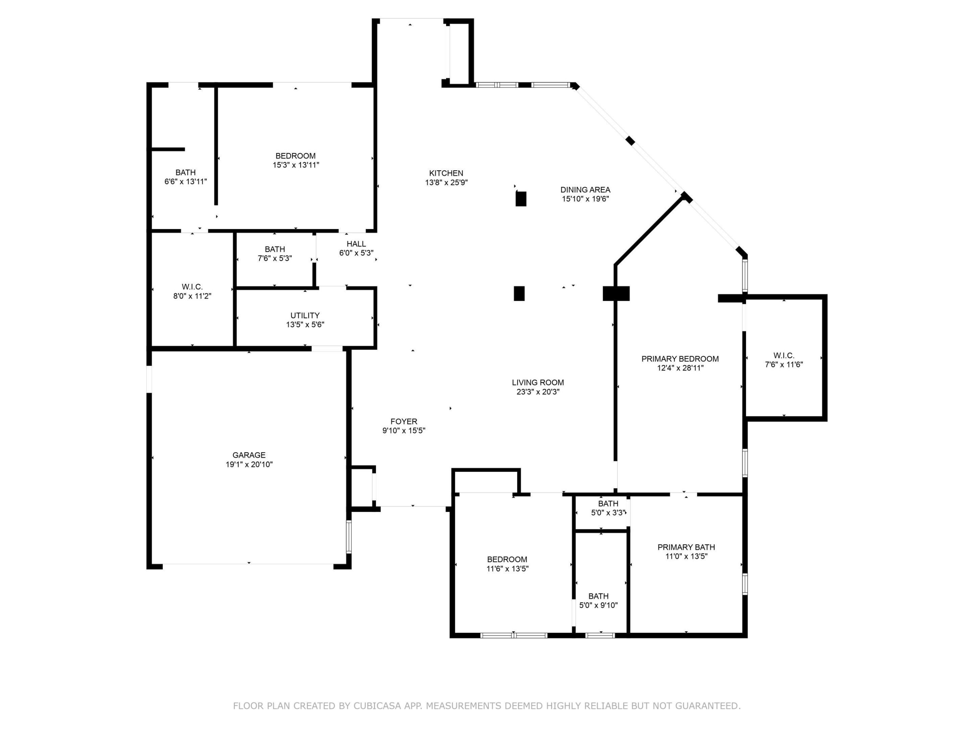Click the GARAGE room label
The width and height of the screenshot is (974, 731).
249,455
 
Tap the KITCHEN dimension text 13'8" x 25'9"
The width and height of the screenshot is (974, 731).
446,182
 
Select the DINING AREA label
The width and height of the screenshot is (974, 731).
585,190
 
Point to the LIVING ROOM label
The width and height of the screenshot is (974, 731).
538,382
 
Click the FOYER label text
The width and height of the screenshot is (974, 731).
403,421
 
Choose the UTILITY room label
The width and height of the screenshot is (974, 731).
305,315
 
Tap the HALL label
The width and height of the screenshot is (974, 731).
356,244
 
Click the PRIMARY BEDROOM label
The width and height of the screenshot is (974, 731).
680,359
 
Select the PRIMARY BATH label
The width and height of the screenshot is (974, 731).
686,547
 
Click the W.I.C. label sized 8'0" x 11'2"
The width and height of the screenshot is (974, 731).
192,287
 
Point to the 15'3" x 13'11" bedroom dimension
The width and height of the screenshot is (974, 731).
296,165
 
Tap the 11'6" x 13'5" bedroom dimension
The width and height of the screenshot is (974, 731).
507,569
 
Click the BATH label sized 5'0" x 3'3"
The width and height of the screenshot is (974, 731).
608,503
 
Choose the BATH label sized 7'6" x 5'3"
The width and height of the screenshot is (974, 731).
275,249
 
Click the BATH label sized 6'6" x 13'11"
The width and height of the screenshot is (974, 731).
185,172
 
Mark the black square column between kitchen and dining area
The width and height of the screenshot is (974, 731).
521,199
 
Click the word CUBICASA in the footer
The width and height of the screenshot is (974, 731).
377,706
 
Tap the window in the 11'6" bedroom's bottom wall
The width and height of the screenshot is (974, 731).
513,635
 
